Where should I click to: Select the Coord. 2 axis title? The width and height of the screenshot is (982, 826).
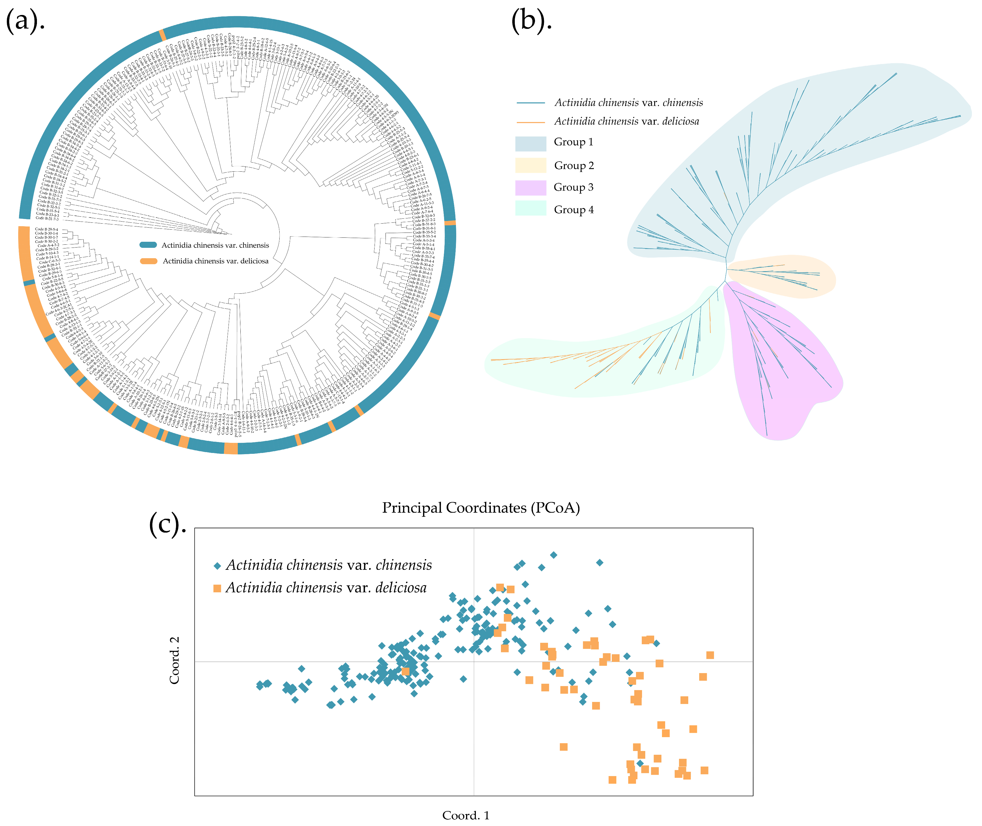coord(174,660)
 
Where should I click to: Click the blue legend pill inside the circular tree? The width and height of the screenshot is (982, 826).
coord(148,245)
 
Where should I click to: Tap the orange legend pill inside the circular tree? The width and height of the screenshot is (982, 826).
coord(148,261)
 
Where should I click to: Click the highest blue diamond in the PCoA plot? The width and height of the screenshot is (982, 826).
coord(553,555)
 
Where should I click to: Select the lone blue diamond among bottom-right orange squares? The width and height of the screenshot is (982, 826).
coord(640,764)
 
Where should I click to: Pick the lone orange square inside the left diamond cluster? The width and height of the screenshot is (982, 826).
coord(405,671)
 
